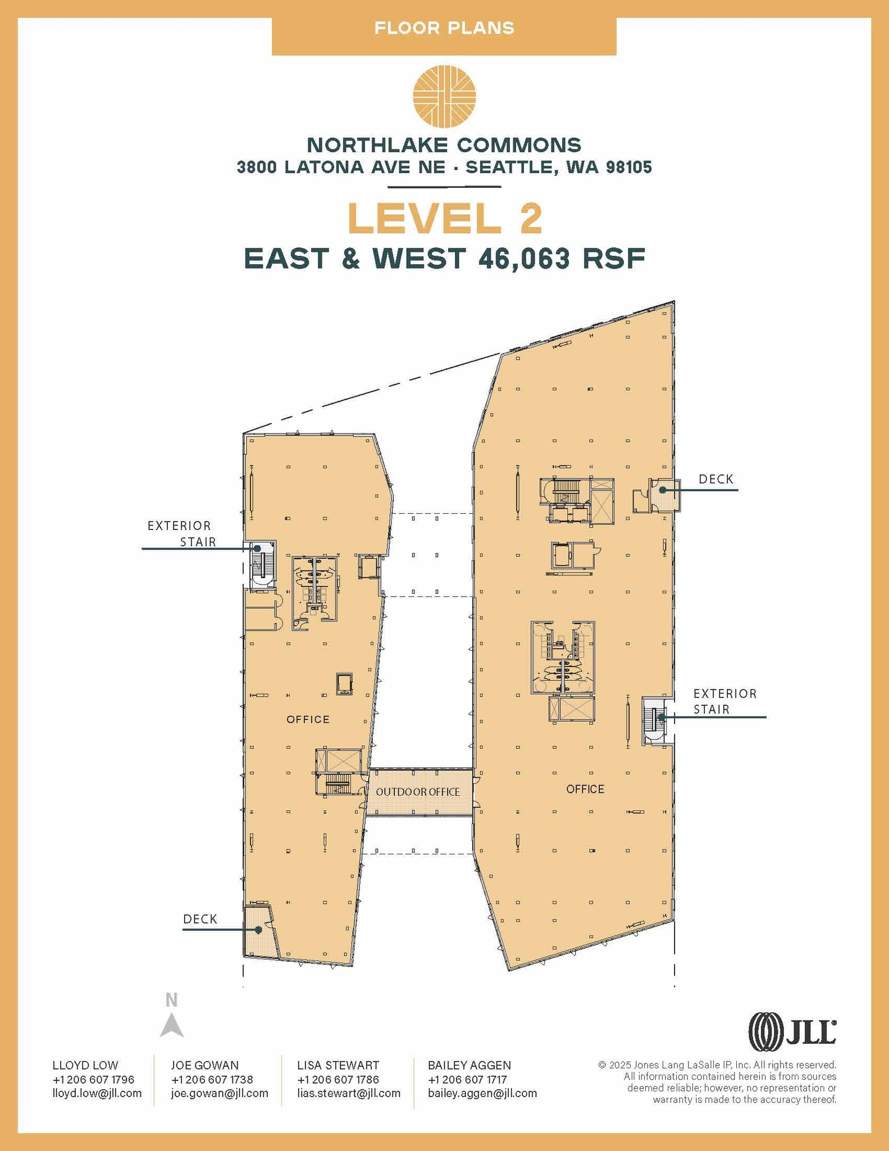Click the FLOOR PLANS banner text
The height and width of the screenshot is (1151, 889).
(444, 28)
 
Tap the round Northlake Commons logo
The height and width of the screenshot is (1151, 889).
(444, 96)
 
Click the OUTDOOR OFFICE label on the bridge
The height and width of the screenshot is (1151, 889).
(418, 792)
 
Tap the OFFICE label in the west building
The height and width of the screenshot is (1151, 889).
(308, 719)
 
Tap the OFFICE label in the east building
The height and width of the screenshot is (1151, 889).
(585, 789)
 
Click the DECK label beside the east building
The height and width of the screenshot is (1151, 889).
(716, 479)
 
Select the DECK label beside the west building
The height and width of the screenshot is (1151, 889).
(200, 919)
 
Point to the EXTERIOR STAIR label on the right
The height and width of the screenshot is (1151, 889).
(724, 701)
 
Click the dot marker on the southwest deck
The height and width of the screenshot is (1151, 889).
(259, 930)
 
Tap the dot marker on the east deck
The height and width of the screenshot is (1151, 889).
(663, 490)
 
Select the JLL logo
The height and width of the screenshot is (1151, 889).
(792, 1031)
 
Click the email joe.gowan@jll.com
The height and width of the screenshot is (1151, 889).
(220, 1093)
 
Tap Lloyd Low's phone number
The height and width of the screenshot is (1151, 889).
(93, 1079)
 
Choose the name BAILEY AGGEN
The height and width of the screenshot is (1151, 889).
(469, 1065)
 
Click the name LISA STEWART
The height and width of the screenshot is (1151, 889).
(338, 1065)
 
